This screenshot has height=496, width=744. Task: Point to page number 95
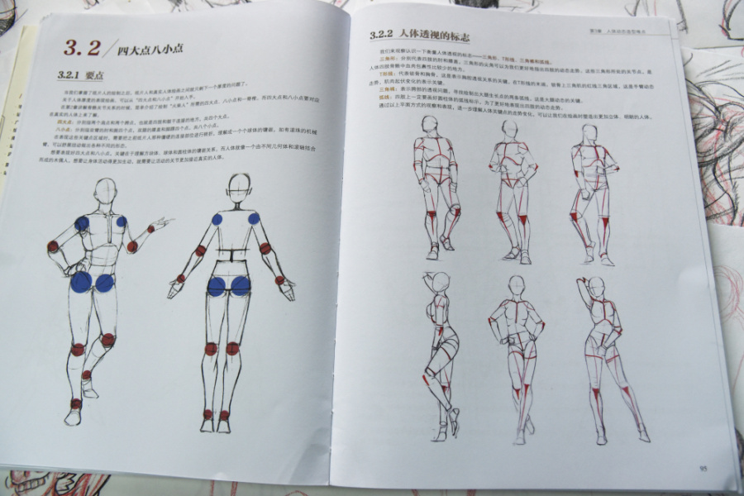(703, 469)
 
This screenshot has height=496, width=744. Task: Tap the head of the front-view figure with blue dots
(106, 191)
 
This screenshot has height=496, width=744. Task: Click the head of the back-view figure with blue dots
(239, 187)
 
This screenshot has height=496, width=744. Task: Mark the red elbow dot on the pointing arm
(132, 246)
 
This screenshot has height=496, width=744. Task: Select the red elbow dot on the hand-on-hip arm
(53, 246)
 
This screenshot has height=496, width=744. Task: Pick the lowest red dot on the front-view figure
(76, 403)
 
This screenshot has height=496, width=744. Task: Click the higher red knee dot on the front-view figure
(107, 339)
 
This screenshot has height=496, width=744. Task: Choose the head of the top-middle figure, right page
(510, 131)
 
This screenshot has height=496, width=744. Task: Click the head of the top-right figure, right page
(586, 134)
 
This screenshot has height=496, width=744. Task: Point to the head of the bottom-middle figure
(517, 287)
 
